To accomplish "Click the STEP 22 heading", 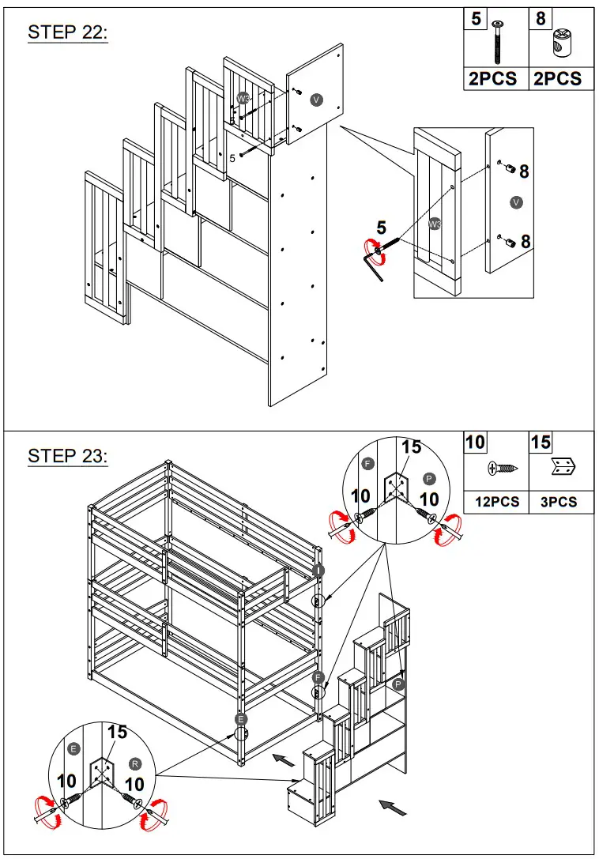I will pyautogui.click(x=67, y=32).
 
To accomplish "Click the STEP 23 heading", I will pyautogui.click(x=67, y=456).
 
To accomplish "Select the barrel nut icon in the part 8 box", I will pyautogui.click(x=563, y=43).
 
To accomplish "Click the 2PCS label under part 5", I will pyautogui.click(x=494, y=78).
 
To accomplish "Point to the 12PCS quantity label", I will pyautogui.click(x=496, y=502).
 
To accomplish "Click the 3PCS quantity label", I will pyautogui.click(x=560, y=502).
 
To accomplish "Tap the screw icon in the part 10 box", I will pyautogui.click(x=504, y=469).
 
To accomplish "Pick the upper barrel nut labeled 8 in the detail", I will pyautogui.click(x=510, y=171).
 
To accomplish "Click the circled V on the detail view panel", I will pyautogui.click(x=516, y=203).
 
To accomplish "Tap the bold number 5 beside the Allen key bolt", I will pyautogui.click(x=382, y=228).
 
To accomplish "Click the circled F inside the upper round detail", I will pyautogui.click(x=367, y=464).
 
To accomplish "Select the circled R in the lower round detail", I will pyautogui.click(x=135, y=765).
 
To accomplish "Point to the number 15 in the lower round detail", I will pyautogui.click(x=116, y=733).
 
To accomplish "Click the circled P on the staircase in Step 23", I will pyautogui.click(x=399, y=684).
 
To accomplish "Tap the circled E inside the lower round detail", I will pyautogui.click(x=73, y=748).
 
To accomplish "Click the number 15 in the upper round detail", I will pyautogui.click(x=411, y=447).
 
